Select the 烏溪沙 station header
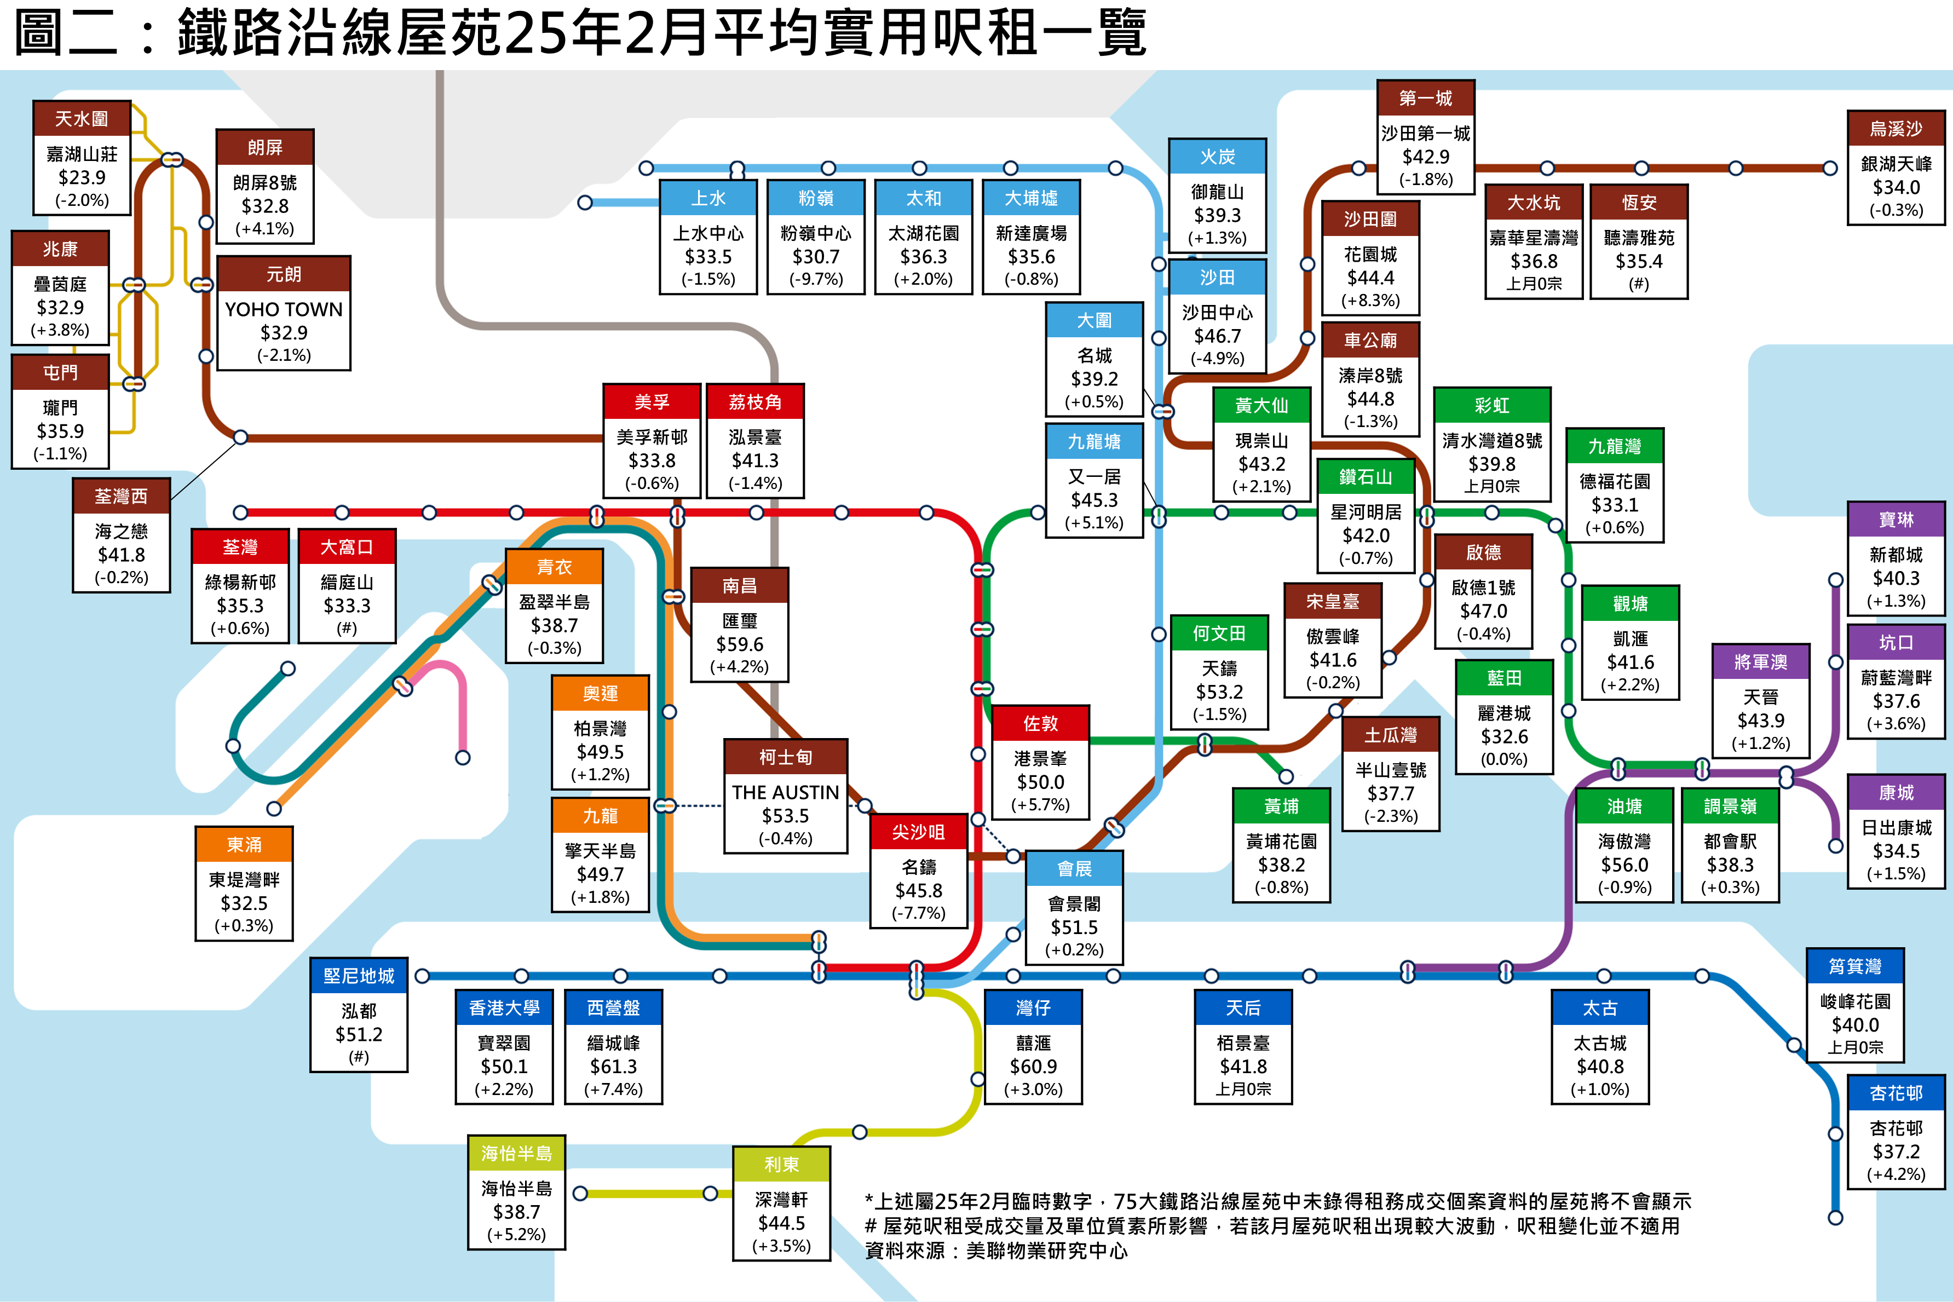[1896, 128]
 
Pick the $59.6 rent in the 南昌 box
[739, 644]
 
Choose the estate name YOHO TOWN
[283, 309]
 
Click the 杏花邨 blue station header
[1896, 1093]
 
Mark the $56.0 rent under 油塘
[1624, 865]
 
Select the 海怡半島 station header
[516, 1154]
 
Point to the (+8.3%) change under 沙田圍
[1370, 301]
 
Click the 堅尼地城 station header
[359, 976]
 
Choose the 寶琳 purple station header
[1896, 519]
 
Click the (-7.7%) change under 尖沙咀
[918, 913]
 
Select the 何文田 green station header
[1219, 633]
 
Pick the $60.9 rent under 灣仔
[1033, 1066]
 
